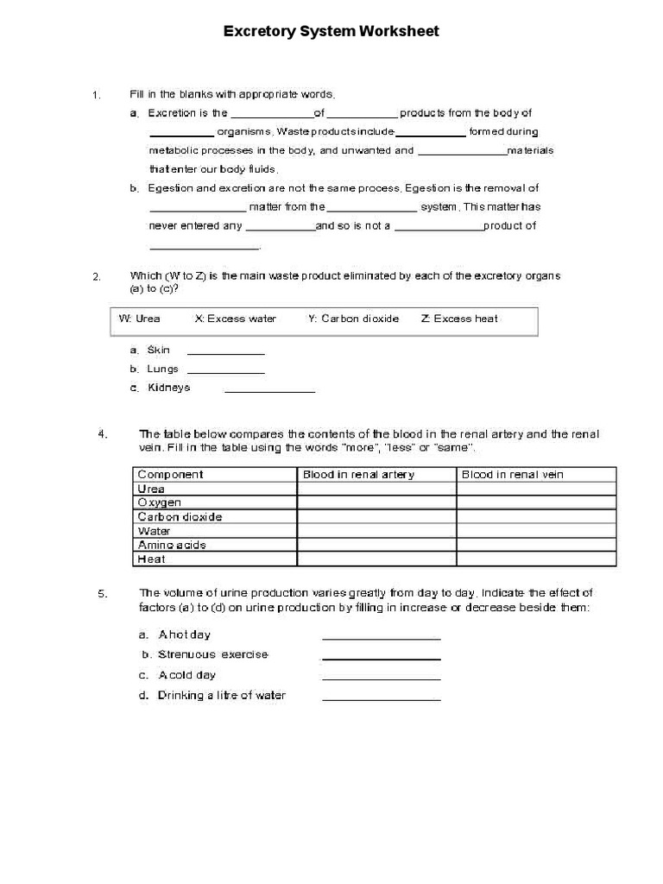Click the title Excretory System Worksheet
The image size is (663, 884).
click(331, 31)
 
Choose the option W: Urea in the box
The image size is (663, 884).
click(139, 319)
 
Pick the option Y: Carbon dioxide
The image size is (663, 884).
click(353, 319)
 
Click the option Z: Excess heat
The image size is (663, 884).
click(459, 319)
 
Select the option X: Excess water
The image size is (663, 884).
click(236, 319)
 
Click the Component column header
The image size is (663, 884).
click(171, 474)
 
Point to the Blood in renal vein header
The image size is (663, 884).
click(513, 474)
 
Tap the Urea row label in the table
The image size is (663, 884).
click(151, 489)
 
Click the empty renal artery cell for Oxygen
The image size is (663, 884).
click(376, 502)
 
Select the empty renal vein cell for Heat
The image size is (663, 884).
click(536, 559)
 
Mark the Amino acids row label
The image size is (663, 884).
click(172, 545)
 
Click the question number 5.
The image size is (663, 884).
click(102, 594)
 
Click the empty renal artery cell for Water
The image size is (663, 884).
click(376, 531)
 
